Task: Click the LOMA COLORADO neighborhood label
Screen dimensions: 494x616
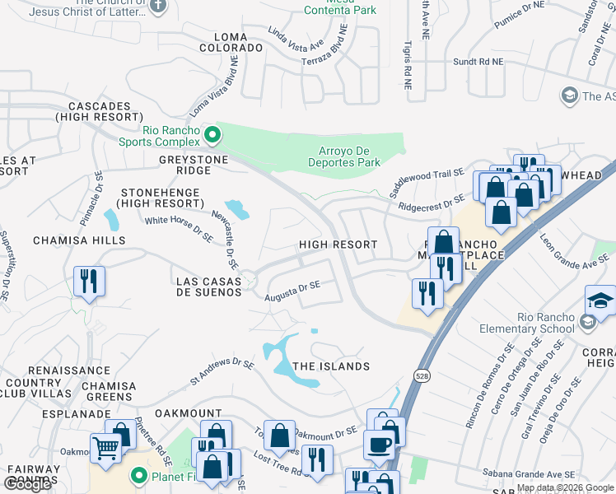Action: [231, 42]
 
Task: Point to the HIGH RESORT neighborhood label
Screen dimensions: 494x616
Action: [338, 245]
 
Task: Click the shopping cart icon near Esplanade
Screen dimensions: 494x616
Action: [105, 449]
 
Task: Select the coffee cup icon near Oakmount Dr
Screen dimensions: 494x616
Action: [378, 445]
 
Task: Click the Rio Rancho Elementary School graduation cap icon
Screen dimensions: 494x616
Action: [600, 300]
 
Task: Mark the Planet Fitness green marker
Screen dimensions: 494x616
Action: [138, 475]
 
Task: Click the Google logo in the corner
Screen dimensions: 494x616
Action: [27, 484]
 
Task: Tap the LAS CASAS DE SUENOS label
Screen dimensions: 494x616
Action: [209, 287]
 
